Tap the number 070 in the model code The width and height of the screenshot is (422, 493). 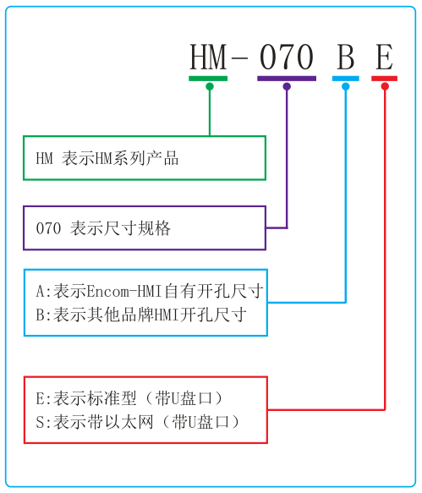click(x=287, y=58)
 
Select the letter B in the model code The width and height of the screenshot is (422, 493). click(x=345, y=58)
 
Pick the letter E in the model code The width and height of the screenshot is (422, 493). click(x=384, y=58)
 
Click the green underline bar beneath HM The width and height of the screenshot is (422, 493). click(x=208, y=79)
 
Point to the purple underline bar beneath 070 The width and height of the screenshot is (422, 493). click(x=287, y=79)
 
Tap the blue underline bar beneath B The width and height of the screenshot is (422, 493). click(x=345, y=79)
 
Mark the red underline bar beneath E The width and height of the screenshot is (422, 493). click(x=384, y=79)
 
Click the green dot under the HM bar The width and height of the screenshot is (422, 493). click(x=209, y=86)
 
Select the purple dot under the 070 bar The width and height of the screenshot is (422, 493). click(x=287, y=86)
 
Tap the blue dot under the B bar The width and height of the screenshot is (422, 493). click(x=345, y=86)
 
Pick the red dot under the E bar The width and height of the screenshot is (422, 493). click(x=385, y=86)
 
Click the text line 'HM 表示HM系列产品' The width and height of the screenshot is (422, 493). click(x=107, y=158)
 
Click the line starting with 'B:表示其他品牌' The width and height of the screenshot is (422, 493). click(x=140, y=315)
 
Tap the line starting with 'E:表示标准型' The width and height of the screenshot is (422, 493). click(x=134, y=397)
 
